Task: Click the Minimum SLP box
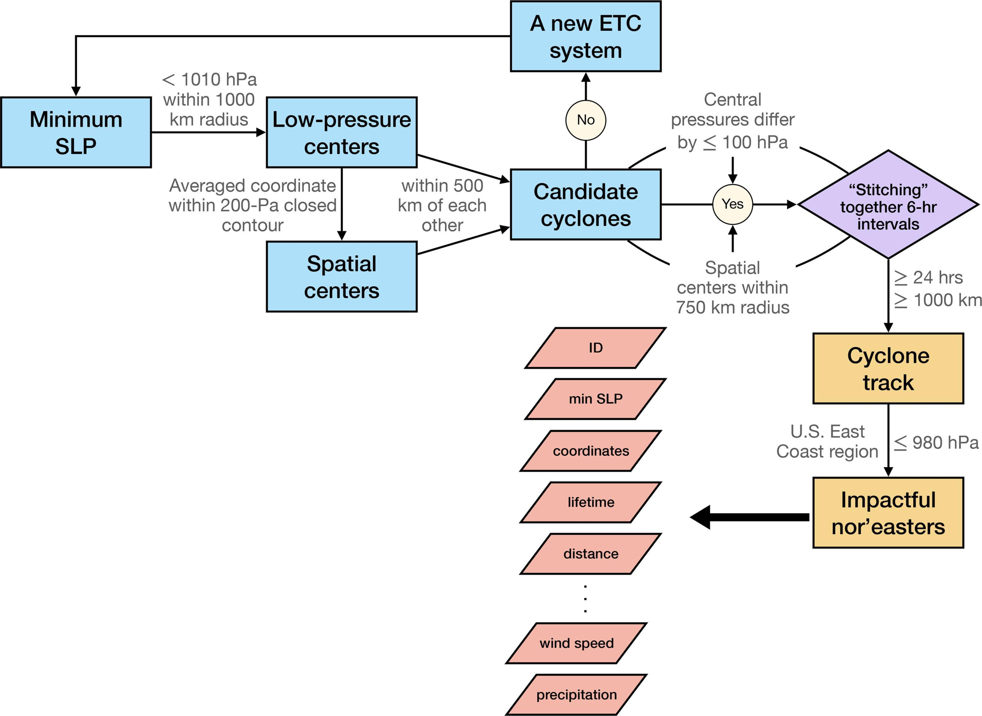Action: [x=76, y=132]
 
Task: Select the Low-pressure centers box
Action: [x=341, y=132]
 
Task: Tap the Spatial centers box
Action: [x=341, y=276]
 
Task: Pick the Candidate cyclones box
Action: [x=585, y=204]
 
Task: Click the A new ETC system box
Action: [x=585, y=36]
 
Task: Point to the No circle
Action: [x=585, y=120]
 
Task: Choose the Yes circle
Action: [x=732, y=204]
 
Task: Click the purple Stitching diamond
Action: [x=888, y=205]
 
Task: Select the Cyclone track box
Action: [x=888, y=368]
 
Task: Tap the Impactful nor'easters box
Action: [x=888, y=513]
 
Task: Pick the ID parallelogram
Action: [x=595, y=348]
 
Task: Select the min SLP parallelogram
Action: [x=595, y=399]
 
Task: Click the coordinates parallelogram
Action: [x=591, y=451]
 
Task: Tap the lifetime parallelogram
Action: [x=591, y=502]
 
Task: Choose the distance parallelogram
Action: [x=591, y=553]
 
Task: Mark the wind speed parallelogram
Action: [x=576, y=643]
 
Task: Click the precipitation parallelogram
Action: [x=576, y=694]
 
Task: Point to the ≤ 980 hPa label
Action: [x=936, y=442]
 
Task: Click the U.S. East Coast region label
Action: [x=827, y=441]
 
